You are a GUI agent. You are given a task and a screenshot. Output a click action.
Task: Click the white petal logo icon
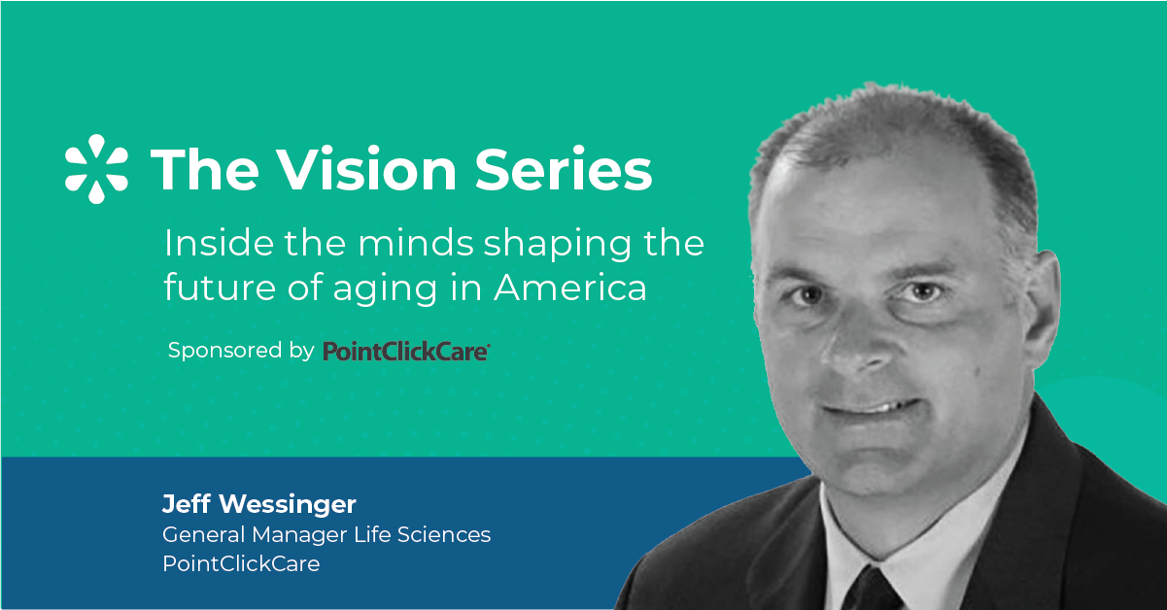[96, 169]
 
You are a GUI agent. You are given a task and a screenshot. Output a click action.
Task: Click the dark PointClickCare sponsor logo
[406, 351]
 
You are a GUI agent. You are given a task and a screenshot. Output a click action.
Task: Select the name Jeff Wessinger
[258, 505]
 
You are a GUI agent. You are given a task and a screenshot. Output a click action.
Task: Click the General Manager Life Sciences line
[326, 534]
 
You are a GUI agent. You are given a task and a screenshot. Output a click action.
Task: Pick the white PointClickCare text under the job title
[240, 563]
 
